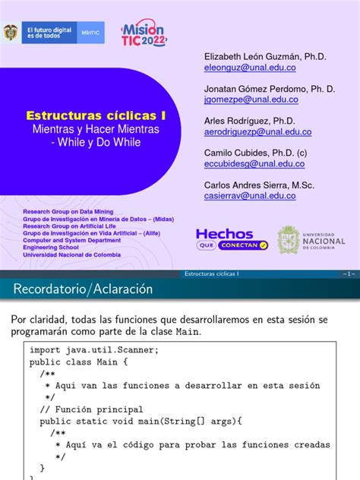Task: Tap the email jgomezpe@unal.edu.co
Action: [x=251, y=99]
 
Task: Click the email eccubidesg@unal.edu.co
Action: [x=254, y=163]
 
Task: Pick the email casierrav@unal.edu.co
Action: [x=250, y=195]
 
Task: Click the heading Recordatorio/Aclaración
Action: [x=84, y=289]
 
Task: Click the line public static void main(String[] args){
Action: [x=141, y=421]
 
